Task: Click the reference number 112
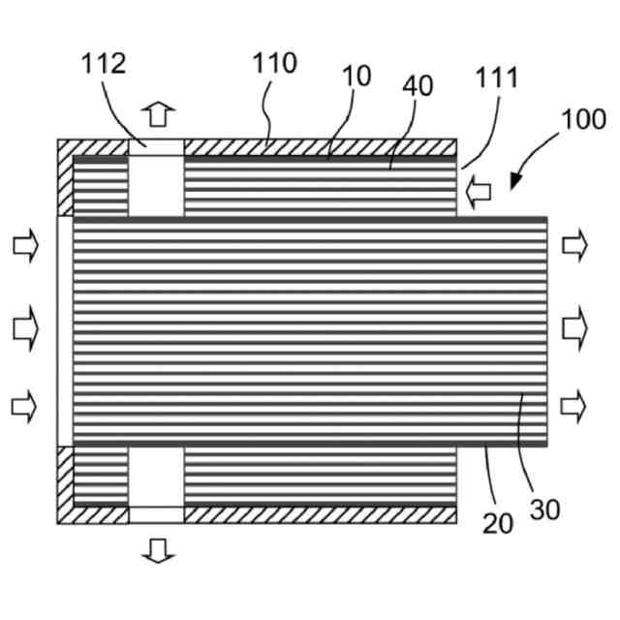104,64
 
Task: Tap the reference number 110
275,64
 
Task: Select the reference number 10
356,77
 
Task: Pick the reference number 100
582,121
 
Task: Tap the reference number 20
498,522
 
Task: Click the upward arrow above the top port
157,114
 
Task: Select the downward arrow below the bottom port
157,551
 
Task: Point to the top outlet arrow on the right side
575,246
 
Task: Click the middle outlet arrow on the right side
575,330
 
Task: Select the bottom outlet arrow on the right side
575,405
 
